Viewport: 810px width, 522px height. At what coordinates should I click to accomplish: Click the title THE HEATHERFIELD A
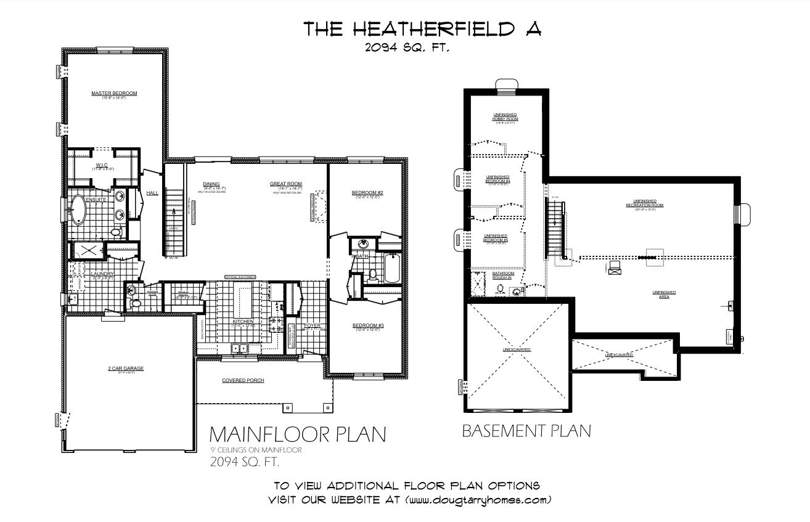click(423, 29)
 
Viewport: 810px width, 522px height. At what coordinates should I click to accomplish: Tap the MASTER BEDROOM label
click(114, 94)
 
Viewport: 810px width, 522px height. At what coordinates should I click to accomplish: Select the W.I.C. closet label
click(101, 165)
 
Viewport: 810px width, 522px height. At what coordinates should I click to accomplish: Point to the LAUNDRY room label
click(100, 274)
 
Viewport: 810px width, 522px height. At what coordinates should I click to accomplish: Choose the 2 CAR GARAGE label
click(126, 369)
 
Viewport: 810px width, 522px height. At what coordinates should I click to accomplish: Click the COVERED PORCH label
click(243, 381)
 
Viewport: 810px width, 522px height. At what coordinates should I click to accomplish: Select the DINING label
click(211, 184)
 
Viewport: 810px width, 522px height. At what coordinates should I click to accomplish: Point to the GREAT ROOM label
click(285, 184)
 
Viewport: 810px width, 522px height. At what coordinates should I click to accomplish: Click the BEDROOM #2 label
click(368, 194)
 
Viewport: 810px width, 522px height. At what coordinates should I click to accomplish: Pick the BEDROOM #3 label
click(368, 325)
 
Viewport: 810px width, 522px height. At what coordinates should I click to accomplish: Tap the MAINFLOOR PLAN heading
click(298, 434)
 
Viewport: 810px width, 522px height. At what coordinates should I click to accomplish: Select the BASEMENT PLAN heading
click(526, 431)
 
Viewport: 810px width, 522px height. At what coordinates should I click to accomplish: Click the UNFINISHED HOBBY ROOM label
click(504, 116)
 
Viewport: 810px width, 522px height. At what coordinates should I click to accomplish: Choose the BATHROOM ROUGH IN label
click(503, 275)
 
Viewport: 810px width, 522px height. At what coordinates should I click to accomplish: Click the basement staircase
click(555, 228)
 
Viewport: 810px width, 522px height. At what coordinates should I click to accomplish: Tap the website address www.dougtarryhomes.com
click(478, 499)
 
